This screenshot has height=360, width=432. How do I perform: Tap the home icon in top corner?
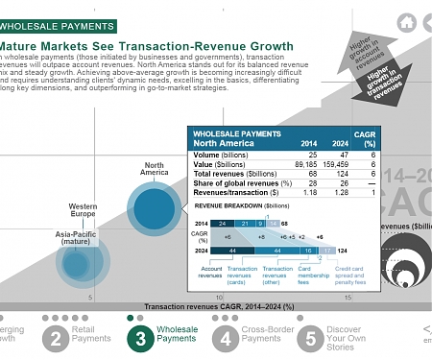[407, 21]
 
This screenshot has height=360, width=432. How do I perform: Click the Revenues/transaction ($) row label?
[231, 191]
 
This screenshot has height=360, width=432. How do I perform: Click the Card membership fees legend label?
[309, 274]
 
